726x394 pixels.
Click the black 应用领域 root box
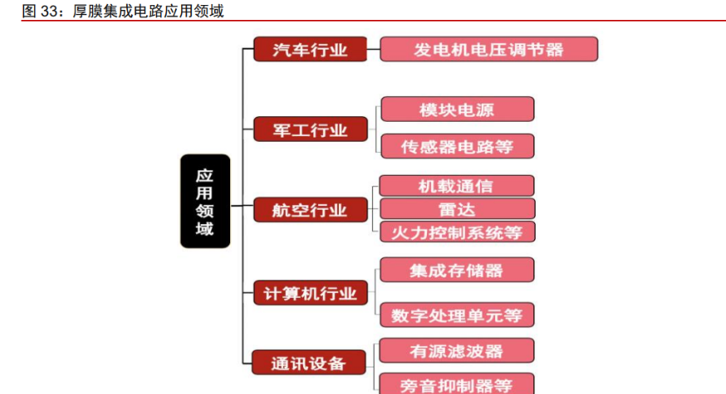point(204,202)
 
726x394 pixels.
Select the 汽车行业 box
point(310,49)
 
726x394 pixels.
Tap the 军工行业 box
point(310,129)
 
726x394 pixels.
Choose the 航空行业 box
point(310,210)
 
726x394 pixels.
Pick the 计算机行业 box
point(310,293)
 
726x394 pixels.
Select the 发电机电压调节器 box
point(488,49)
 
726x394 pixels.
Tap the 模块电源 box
point(457,109)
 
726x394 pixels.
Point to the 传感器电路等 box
point(457,147)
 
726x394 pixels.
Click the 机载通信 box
point(456,186)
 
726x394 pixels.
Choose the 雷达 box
point(456,209)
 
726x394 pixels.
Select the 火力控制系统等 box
point(456,231)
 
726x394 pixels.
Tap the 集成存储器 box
point(456,270)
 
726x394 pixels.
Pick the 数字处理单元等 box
point(456,315)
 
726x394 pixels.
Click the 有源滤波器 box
point(456,351)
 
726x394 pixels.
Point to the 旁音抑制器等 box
point(456,384)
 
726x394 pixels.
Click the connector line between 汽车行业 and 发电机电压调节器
point(373,49)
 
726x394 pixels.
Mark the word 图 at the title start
point(27,11)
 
